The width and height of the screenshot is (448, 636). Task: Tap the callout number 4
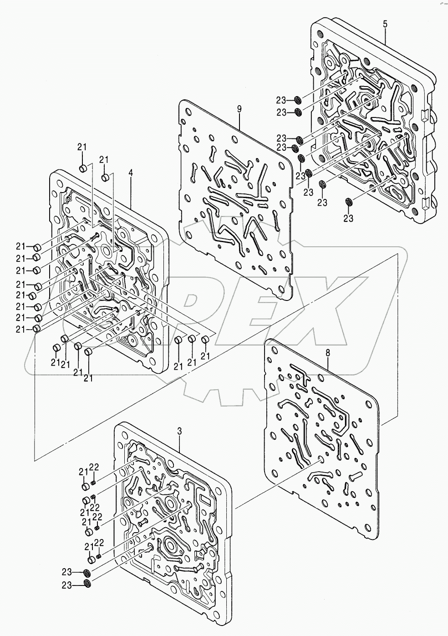(131, 173)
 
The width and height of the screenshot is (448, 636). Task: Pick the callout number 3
(179, 430)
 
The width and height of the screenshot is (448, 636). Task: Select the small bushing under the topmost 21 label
(83, 169)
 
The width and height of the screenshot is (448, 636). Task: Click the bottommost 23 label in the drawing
(67, 585)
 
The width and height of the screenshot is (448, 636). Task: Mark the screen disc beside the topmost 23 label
(297, 100)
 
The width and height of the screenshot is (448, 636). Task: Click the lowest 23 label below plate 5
(348, 218)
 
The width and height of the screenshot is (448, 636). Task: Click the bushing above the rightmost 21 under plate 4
(205, 339)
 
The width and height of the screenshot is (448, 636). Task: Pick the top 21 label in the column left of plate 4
(20, 247)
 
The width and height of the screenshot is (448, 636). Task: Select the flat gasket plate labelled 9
(235, 196)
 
